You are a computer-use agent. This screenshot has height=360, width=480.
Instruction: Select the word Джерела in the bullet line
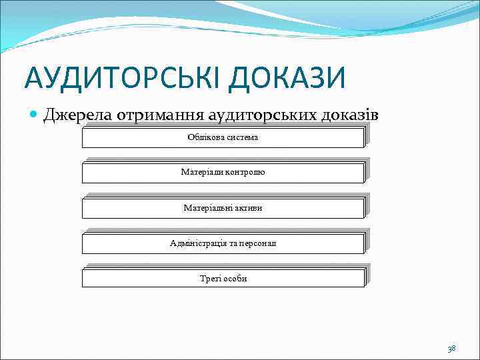77,115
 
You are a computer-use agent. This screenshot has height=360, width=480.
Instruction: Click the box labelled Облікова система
223,137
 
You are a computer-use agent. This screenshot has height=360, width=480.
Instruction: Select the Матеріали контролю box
223,173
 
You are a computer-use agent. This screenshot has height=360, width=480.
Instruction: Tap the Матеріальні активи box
223,208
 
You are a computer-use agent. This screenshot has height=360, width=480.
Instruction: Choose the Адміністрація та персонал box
223,243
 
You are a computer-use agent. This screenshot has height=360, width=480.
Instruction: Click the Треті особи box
223,279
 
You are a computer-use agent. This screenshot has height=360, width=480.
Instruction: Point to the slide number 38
451,349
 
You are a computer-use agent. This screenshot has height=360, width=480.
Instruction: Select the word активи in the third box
247,208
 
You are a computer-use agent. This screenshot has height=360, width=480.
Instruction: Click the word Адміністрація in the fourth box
198,243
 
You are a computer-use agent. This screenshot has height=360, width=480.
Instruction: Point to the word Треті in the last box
209,279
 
